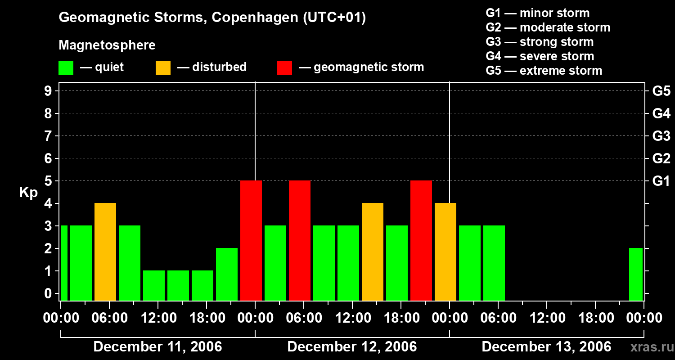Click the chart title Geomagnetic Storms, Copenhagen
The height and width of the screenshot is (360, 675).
coord(212,18)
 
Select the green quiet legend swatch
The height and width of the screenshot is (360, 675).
coord(66,68)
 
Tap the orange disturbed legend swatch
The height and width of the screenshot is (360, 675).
coord(163,68)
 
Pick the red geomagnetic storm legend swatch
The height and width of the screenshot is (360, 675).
coord(285,68)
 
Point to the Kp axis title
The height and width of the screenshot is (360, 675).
coord(28,192)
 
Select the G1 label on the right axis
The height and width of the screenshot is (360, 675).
coord(661,181)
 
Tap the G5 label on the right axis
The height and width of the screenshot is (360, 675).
coord(661,91)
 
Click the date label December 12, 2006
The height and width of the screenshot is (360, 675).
coord(352,347)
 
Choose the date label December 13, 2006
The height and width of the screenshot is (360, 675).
coord(546,347)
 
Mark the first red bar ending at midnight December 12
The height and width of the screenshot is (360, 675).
coord(251,240)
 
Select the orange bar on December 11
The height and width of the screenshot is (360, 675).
coord(105,252)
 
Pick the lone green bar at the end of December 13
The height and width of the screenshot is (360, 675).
coord(635,274)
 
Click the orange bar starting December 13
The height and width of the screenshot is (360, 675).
coord(445,252)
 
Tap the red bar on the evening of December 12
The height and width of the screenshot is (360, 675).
coord(421,240)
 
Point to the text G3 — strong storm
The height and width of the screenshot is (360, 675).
coord(540,42)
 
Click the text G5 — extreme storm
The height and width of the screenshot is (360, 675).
coord(544,71)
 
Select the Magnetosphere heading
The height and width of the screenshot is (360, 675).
coord(107,45)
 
